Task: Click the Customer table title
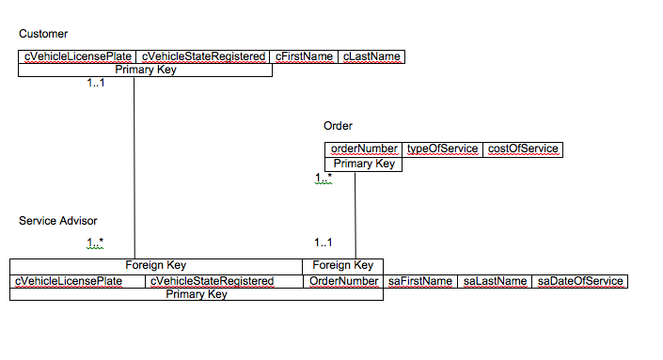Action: [x=37, y=34]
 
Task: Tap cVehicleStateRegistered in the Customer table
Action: [x=204, y=56]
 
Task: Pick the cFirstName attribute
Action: [x=305, y=56]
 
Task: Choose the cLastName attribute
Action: [x=371, y=56]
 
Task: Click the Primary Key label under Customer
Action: [x=146, y=70]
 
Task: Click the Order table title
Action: [x=338, y=126]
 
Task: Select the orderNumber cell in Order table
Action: [x=365, y=149]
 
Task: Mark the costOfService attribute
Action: [x=523, y=149]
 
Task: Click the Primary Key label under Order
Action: [x=365, y=164]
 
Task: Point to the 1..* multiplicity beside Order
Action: [x=324, y=178]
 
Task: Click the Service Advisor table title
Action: [x=57, y=221]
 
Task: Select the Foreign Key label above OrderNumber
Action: [x=343, y=265]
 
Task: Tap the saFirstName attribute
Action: [x=420, y=281]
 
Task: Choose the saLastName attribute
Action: [x=495, y=281]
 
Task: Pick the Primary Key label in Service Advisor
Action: [x=197, y=294]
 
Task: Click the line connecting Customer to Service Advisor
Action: [x=134, y=169]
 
